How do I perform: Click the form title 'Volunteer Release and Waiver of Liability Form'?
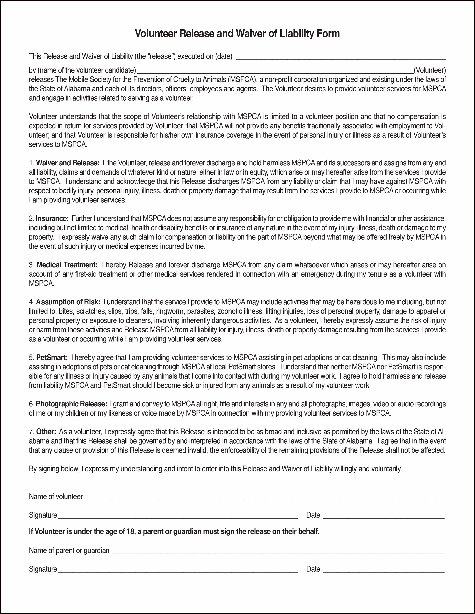tap(237, 33)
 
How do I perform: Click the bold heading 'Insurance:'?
tap(52, 218)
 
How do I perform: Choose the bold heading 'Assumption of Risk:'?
tap(68, 302)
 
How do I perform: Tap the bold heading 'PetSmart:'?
tap(52, 358)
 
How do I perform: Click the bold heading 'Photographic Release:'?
tap(71, 404)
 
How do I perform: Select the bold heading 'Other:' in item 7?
tap(46, 432)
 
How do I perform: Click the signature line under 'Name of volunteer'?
tap(177, 516)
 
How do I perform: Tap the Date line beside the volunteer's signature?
tap(383, 516)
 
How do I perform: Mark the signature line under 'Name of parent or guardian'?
tap(177, 570)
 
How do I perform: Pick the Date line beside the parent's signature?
tap(383, 570)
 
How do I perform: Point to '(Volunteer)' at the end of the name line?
tap(429, 70)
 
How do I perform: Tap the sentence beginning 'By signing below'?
tap(215, 469)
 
